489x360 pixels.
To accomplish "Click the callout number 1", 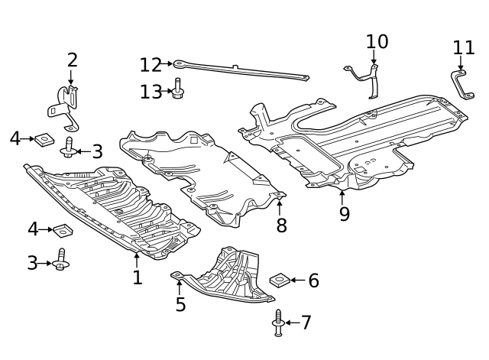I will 138,277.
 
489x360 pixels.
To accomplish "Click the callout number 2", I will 73,60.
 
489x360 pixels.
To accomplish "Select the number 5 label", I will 180,304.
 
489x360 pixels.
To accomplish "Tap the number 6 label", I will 313,281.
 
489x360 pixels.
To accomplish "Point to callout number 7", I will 306,323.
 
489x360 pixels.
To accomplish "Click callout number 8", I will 281,225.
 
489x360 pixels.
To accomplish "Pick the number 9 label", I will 345,213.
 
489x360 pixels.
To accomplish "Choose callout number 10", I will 377,41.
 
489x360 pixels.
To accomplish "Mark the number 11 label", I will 464,48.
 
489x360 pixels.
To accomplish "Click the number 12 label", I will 151,65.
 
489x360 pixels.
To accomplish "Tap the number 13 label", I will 151,92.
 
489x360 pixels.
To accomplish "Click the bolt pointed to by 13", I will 178,90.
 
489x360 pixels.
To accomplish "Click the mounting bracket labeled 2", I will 67,107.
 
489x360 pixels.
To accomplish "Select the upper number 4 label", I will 15,138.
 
